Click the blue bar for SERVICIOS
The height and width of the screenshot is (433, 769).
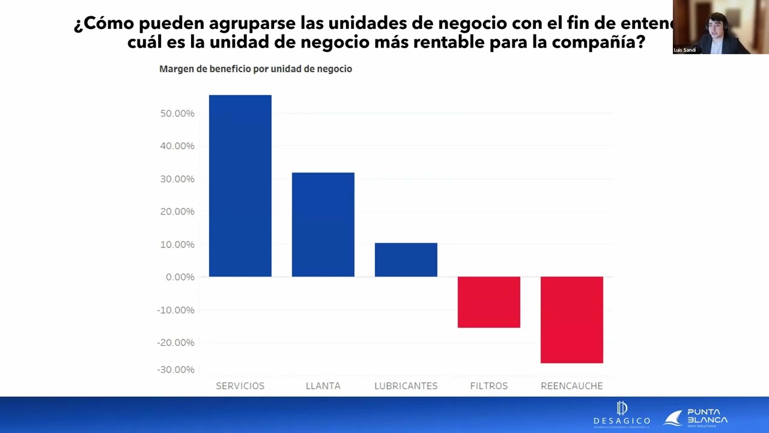pyautogui.click(x=240, y=186)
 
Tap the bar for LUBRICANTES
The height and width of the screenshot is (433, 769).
pyautogui.click(x=406, y=260)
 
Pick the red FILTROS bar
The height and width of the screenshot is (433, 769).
pyautogui.click(x=488, y=302)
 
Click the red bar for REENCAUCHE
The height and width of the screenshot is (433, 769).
pyautogui.click(x=571, y=319)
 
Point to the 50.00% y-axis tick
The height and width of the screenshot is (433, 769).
pyautogui.click(x=177, y=114)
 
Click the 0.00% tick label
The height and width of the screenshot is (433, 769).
pyautogui.click(x=180, y=277)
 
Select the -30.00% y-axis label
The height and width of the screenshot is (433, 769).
pyautogui.click(x=176, y=370)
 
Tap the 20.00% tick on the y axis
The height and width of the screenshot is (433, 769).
pyautogui.click(x=177, y=212)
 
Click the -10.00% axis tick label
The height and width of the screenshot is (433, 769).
pyautogui.click(x=176, y=310)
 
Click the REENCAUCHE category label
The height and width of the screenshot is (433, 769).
pyautogui.click(x=571, y=386)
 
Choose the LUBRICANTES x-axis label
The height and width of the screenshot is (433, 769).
pyautogui.click(x=406, y=386)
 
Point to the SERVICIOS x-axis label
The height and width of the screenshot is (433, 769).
pyautogui.click(x=240, y=386)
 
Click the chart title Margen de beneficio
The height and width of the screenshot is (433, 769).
pyautogui.click(x=255, y=69)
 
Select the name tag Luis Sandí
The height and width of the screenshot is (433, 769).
pyautogui.click(x=685, y=50)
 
